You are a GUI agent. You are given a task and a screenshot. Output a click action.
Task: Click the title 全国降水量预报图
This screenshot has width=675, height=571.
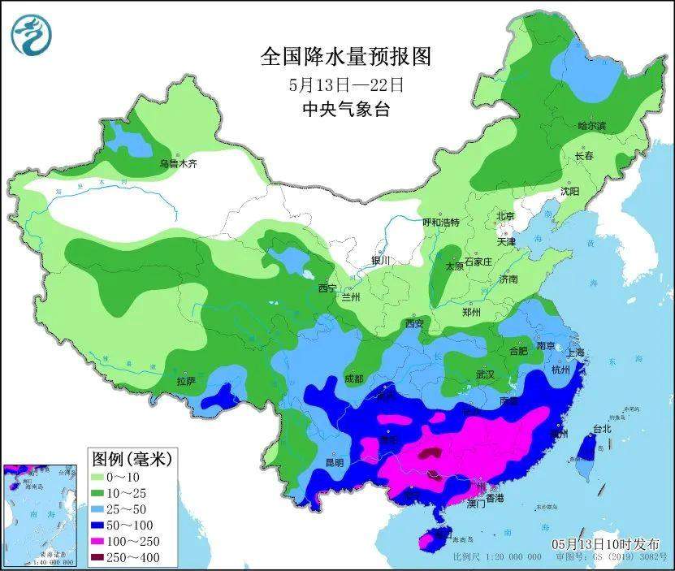tap(344, 56)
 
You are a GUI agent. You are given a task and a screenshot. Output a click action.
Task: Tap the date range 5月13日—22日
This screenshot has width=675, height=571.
tap(345, 84)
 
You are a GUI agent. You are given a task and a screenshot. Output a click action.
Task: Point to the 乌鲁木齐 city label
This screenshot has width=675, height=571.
tap(178, 164)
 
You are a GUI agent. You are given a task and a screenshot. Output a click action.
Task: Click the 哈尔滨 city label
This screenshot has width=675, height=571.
tap(591, 126)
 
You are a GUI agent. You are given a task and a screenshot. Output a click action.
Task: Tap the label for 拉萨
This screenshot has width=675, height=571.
tap(185, 380)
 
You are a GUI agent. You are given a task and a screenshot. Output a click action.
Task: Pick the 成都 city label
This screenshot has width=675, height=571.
tap(353, 378)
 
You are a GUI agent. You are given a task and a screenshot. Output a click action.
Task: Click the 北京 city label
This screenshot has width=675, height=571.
tap(505, 216)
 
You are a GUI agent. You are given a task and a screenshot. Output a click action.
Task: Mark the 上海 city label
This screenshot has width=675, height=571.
tap(576, 352)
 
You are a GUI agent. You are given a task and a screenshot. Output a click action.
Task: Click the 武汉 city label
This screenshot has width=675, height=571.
tap(486, 374)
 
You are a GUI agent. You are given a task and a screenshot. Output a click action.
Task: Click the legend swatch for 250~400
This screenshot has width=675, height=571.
tap(102, 556)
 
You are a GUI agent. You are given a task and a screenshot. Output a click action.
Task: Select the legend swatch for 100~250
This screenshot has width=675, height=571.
tap(102, 540)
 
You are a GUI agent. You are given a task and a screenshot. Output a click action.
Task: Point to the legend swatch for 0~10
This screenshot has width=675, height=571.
tap(102, 475)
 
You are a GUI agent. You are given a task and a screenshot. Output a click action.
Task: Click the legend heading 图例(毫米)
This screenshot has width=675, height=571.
tap(130, 458)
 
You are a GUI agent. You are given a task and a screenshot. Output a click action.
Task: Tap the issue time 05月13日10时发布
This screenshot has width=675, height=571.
tap(605, 543)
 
